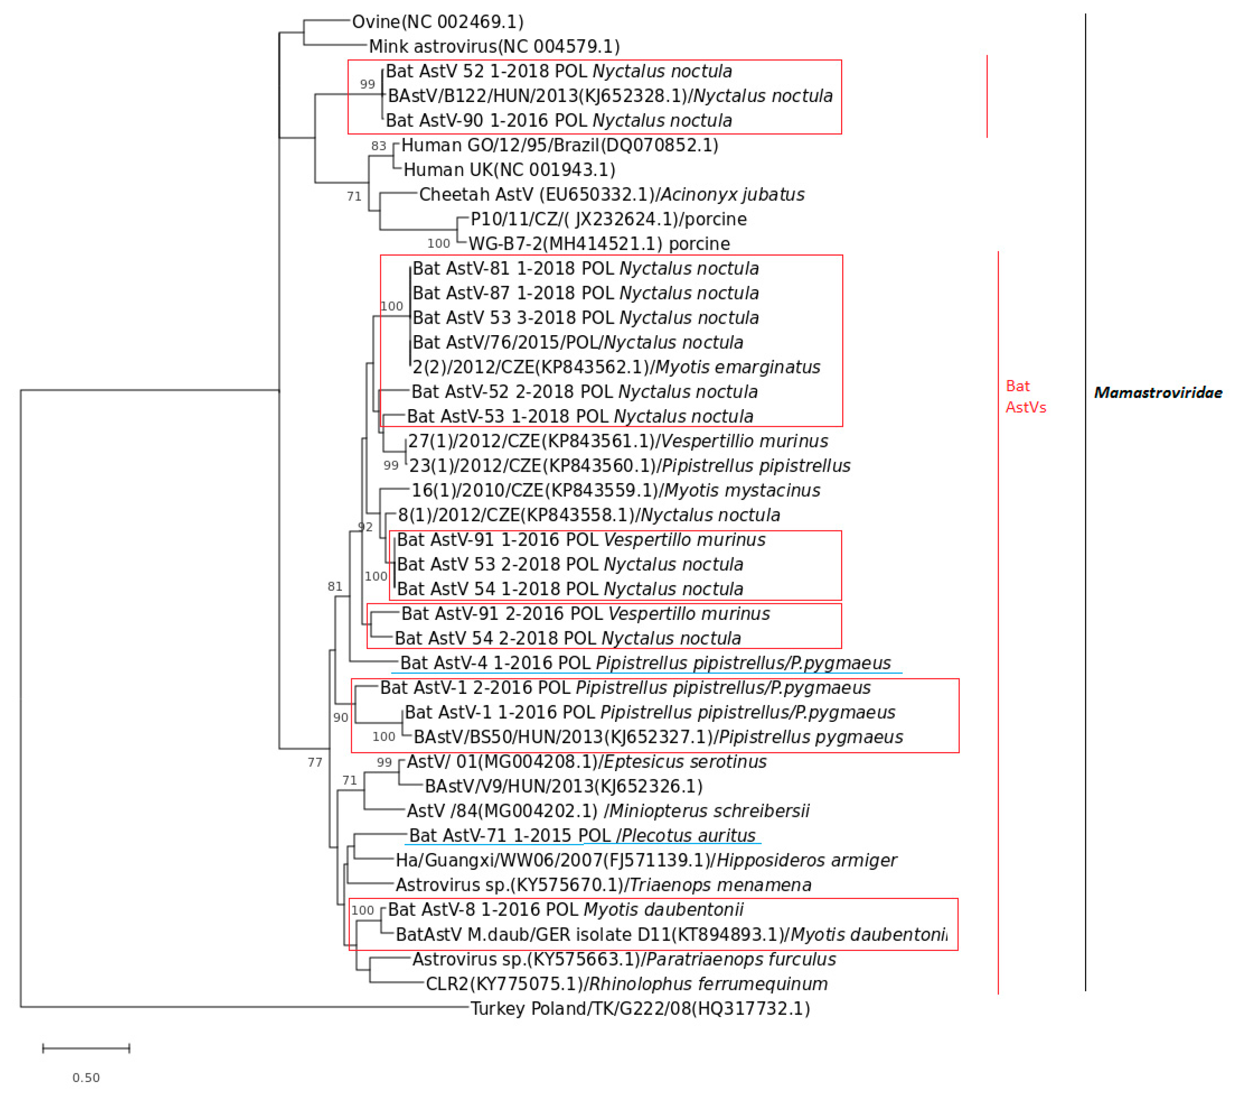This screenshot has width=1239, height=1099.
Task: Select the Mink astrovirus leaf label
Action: (x=494, y=47)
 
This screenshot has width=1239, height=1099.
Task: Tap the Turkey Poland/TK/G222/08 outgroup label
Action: (x=640, y=1009)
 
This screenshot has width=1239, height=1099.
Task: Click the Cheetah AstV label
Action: (x=612, y=195)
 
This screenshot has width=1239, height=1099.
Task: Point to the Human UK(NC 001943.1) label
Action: (x=509, y=170)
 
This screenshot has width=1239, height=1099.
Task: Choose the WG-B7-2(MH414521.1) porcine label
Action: (x=599, y=244)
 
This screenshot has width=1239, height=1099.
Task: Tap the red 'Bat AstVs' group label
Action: (x=1025, y=397)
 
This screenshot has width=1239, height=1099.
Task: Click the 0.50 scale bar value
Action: (x=86, y=1078)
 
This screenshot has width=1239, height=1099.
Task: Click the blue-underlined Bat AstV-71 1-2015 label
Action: (x=582, y=836)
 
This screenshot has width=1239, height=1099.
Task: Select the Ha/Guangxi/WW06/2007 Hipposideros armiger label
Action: (x=646, y=861)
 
